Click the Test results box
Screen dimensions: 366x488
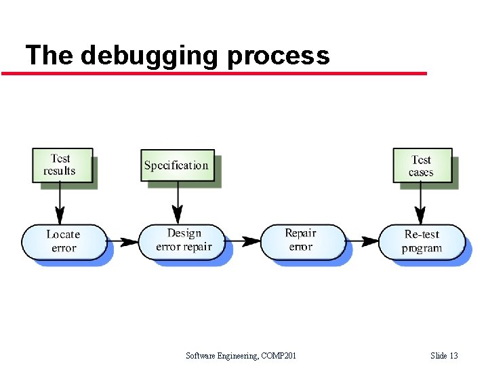[x=61, y=165]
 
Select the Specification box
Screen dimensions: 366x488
[x=177, y=165]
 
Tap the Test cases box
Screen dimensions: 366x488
[x=422, y=165]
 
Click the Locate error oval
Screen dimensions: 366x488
[x=64, y=241]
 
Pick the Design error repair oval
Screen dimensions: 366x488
[x=183, y=241]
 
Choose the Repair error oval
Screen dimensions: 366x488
[x=302, y=241]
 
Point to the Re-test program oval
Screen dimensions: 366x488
[x=422, y=241]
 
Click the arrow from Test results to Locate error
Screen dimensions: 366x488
[x=61, y=203]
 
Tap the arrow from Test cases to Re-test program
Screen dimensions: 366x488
[x=422, y=203]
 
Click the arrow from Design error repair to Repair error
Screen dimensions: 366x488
[x=243, y=241]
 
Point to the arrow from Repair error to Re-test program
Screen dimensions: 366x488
[x=362, y=241]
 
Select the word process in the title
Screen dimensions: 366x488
[x=279, y=56]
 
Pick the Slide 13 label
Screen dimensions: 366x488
[x=444, y=356]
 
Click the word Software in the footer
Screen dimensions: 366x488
[x=201, y=356]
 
